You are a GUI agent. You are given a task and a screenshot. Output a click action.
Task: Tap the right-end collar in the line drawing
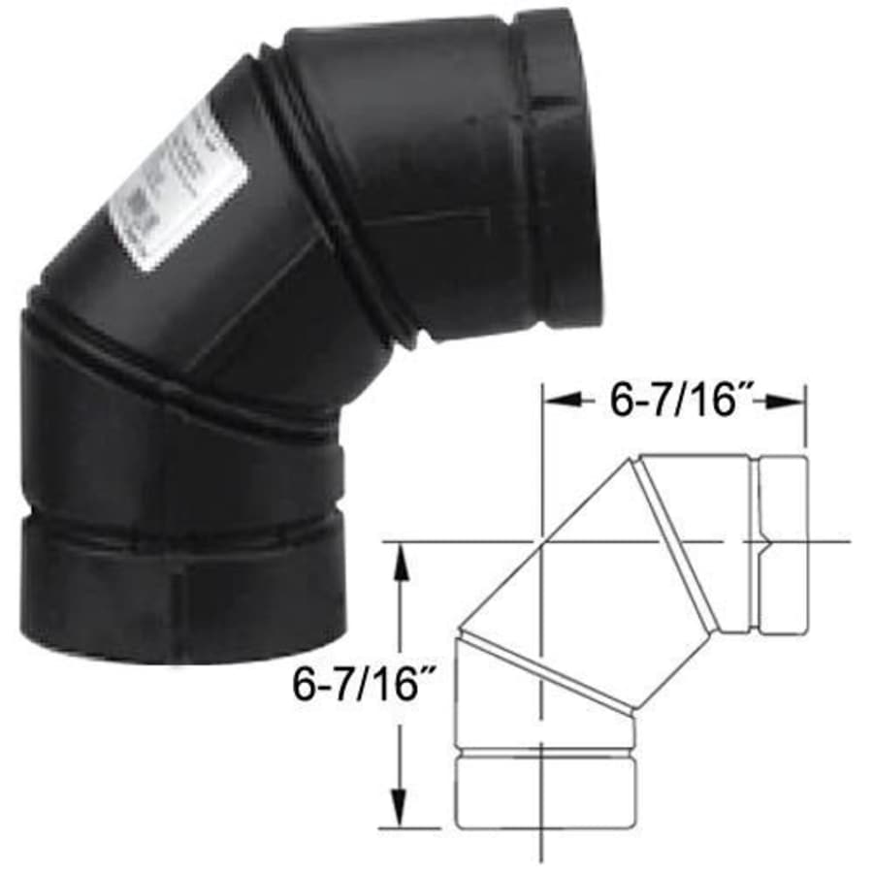coord(781,544)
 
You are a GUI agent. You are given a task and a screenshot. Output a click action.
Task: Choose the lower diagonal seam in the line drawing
coord(548,669)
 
